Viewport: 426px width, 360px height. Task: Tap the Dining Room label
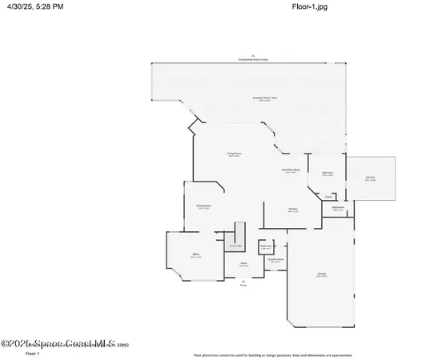(203, 206)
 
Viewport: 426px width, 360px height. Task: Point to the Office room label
(195, 256)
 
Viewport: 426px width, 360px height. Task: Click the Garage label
(320, 274)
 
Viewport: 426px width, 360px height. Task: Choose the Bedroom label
(328, 174)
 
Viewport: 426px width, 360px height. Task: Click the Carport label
(370, 178)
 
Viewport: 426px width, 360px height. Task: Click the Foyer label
(243, 263)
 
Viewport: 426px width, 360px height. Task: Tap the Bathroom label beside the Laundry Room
(266, 246)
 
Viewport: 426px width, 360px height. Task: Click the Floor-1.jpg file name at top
(309, 6)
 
